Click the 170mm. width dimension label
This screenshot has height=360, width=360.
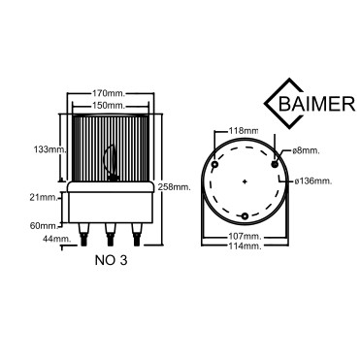[109, 94]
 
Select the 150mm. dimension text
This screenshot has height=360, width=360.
[109, 106]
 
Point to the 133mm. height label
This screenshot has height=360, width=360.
[50, 149]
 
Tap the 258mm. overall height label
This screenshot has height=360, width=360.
[174, 186]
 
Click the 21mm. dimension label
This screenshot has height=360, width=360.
[44, 197]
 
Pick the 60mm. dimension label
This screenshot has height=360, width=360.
[44, 226]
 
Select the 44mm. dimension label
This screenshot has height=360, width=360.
[57, 239]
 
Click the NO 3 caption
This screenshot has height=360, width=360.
[111, 260]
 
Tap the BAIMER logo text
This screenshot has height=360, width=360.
[317, 104]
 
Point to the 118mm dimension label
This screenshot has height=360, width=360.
[244, 131]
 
